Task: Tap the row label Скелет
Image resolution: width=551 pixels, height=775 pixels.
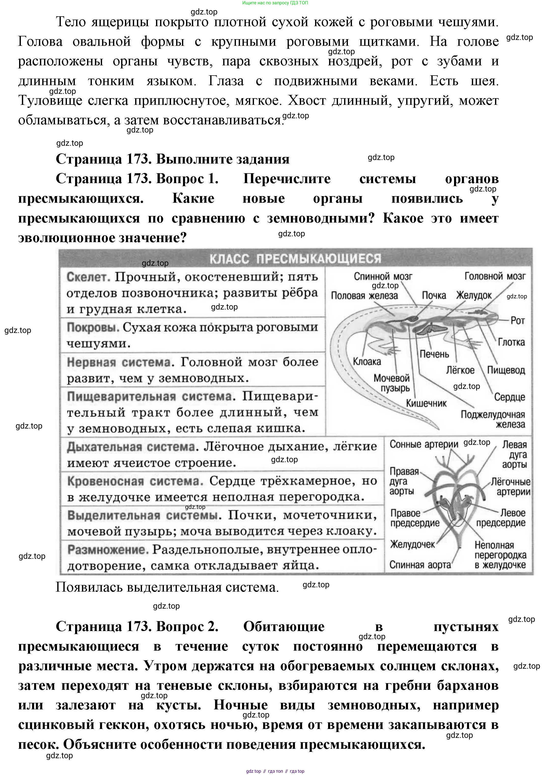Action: [x=89, y=277]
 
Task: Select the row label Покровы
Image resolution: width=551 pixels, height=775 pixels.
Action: [x=93, y=328]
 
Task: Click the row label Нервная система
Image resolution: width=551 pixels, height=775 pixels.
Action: [x=119, y=362]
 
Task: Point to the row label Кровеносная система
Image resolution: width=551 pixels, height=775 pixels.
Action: [x=135, y=481]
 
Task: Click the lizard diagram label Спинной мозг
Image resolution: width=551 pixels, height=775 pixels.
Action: [x=383, y=277]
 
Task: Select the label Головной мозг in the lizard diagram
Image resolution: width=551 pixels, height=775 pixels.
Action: [x=495, y=277]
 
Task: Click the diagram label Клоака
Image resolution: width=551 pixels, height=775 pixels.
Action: [x=367, y=362]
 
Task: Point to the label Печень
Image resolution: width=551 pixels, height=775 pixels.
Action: [x=434, y=354]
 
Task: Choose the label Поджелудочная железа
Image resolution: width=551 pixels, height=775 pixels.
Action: [x=493, y=419]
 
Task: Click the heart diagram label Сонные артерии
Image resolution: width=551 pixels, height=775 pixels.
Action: [x=423, y=444]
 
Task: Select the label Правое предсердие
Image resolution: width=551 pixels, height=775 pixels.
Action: [x=414, y=518]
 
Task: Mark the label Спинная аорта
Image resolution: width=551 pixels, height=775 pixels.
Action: [x=420, y=565]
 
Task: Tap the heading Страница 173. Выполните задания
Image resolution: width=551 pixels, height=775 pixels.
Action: [x=172, y=159]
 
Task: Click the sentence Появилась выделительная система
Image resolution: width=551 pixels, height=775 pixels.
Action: [x=167, y=587]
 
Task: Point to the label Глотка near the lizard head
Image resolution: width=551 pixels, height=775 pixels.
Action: [x=511, y=342]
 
